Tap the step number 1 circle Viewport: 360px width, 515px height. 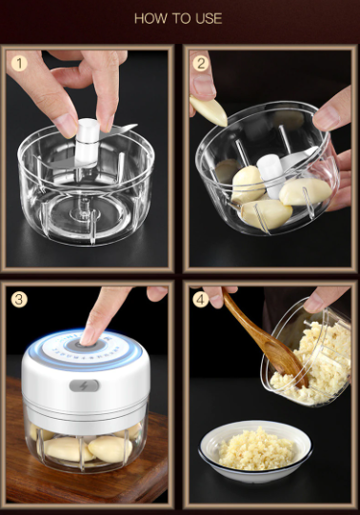click(x=18, y=65)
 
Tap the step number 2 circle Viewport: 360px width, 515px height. click(x=200, y=65)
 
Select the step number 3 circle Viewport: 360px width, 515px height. click(x=18, y=298)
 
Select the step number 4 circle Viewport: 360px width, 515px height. click(x=200, y=298)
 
